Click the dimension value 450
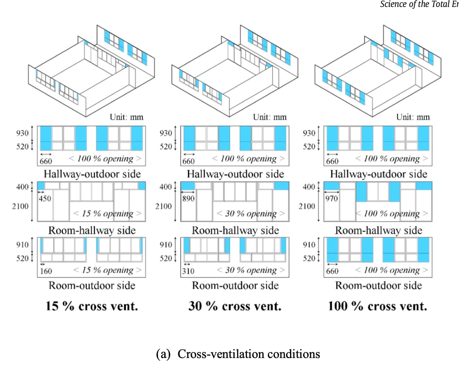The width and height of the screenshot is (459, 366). (45, 199)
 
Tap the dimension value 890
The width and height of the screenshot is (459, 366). (188, 199)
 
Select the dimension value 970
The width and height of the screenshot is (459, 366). (332, 199)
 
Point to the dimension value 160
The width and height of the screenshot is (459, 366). (46, 271)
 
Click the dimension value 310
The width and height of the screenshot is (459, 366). (188, 271)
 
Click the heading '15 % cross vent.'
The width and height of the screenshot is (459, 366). (92, 306)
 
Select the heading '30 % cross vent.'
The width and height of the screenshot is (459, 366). (235, 306)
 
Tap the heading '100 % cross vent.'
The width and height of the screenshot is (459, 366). (378, 306)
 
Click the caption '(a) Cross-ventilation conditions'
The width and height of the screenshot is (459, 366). (238, 354)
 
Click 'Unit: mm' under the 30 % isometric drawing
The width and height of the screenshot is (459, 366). (270, 117)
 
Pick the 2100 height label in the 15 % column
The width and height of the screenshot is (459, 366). (20, 206)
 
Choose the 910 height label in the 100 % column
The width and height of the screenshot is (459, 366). (309, 245)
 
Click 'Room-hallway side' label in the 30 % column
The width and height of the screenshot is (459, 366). (235, 230)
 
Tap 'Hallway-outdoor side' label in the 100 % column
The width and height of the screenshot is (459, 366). (379, 174)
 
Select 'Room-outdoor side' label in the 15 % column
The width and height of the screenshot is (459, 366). (92, 285)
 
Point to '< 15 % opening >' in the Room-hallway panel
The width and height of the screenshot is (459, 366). (107, 213)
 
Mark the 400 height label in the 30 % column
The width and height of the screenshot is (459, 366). (166, 187)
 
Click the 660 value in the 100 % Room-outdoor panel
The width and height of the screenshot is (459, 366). (332, 271)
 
